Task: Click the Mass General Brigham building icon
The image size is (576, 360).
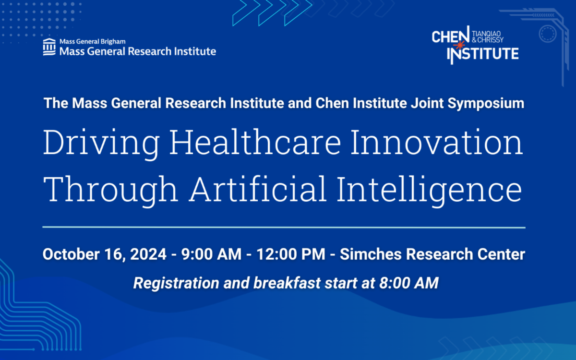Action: (49, 47)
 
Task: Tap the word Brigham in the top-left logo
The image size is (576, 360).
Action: (113, 42)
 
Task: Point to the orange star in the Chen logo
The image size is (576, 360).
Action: (459, 46)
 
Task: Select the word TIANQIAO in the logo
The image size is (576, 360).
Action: (486, 34)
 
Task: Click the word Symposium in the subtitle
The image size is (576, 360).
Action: (486, 104)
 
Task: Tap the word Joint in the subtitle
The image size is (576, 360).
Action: (427, 103)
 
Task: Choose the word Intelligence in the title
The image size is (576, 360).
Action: (429, 191)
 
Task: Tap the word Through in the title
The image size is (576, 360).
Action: (110, 191)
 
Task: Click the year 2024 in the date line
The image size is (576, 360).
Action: (148, 254)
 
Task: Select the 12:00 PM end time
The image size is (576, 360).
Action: (291, 254)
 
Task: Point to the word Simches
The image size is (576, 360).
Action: (371, 254)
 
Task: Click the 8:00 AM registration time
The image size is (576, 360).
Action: (409, 283)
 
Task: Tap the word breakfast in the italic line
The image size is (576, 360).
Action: (287, 283)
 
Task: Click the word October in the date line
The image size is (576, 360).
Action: (71, 254)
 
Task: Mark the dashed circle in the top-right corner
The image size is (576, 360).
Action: (548, 34)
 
